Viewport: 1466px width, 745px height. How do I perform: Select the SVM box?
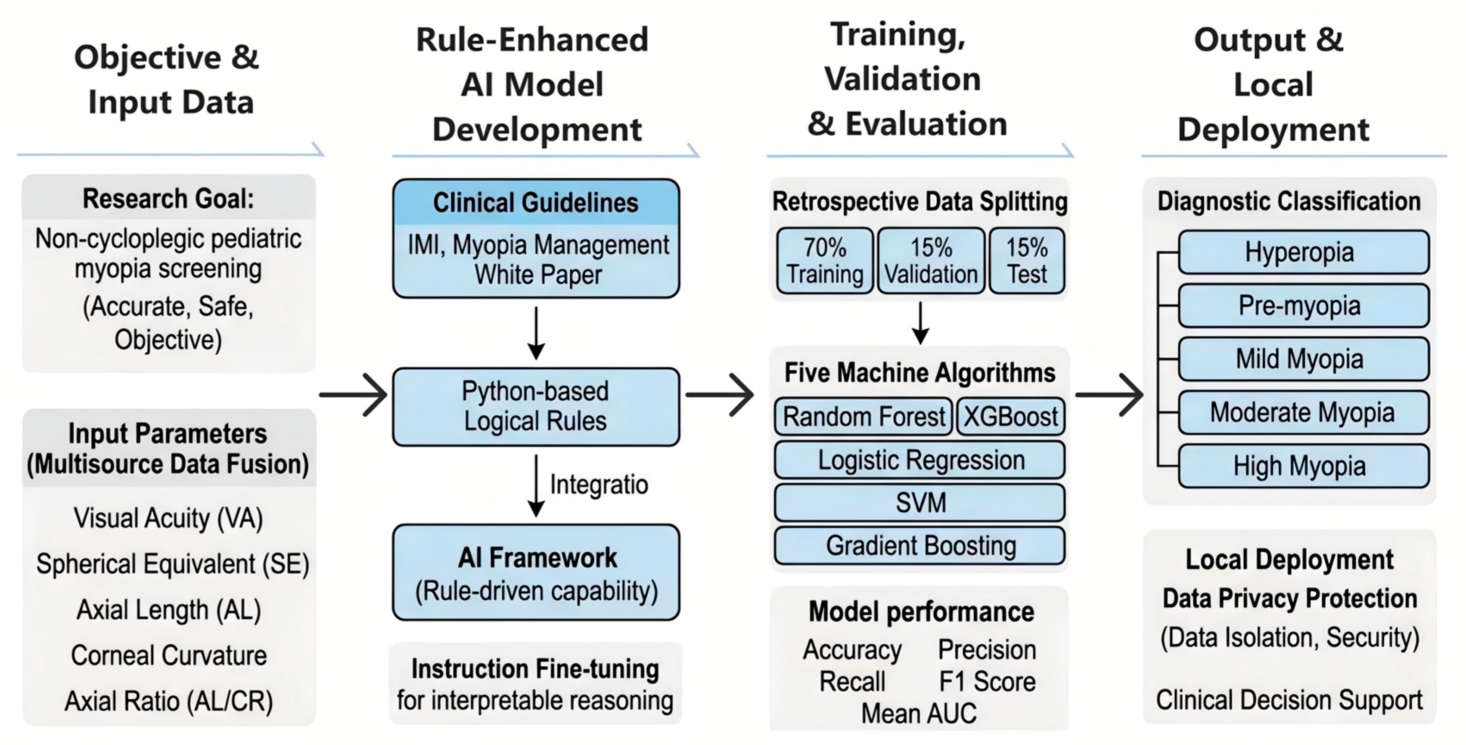coord(919,503)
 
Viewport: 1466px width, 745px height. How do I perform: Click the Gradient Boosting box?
coord(919,545)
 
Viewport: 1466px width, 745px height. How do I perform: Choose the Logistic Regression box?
coord(919,460)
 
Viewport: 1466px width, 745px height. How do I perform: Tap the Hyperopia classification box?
coord(1304,252)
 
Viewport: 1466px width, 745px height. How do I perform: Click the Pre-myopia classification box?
coord(1304,306)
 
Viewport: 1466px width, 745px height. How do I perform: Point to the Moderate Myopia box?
coord(1304,412)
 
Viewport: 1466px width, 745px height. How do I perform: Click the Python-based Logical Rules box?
coord(535,407)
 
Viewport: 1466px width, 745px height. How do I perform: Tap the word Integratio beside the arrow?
coord(599,485)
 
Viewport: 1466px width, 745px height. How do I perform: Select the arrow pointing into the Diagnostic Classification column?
coord(1109,395)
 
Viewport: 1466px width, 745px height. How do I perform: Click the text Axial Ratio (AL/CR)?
coord(169,701)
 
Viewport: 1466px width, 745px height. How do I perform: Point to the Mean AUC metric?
coord(919,713)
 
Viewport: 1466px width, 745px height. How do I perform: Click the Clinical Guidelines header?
coord(535,202)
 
